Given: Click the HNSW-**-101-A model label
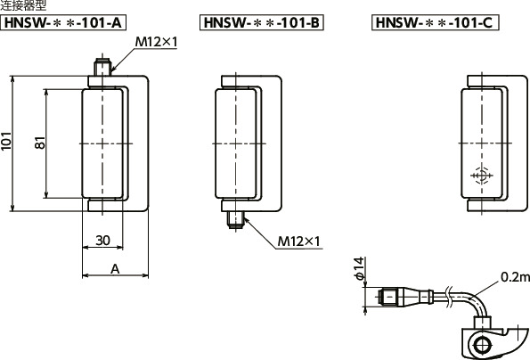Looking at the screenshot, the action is click(63, 22).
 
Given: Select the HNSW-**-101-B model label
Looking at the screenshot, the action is click(262, 22).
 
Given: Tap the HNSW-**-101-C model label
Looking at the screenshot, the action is click(435, 22).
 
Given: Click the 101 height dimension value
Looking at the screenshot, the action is click(6, 141).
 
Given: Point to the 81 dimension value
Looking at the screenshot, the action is click(40, 143).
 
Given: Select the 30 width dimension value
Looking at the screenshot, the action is click(102, 241).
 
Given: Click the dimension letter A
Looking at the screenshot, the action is click(115, 269).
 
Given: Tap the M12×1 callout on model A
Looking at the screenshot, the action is click(156, 42).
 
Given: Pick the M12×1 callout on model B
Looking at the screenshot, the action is click(298, 241).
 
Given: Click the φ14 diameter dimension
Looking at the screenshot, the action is click(359, 268).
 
